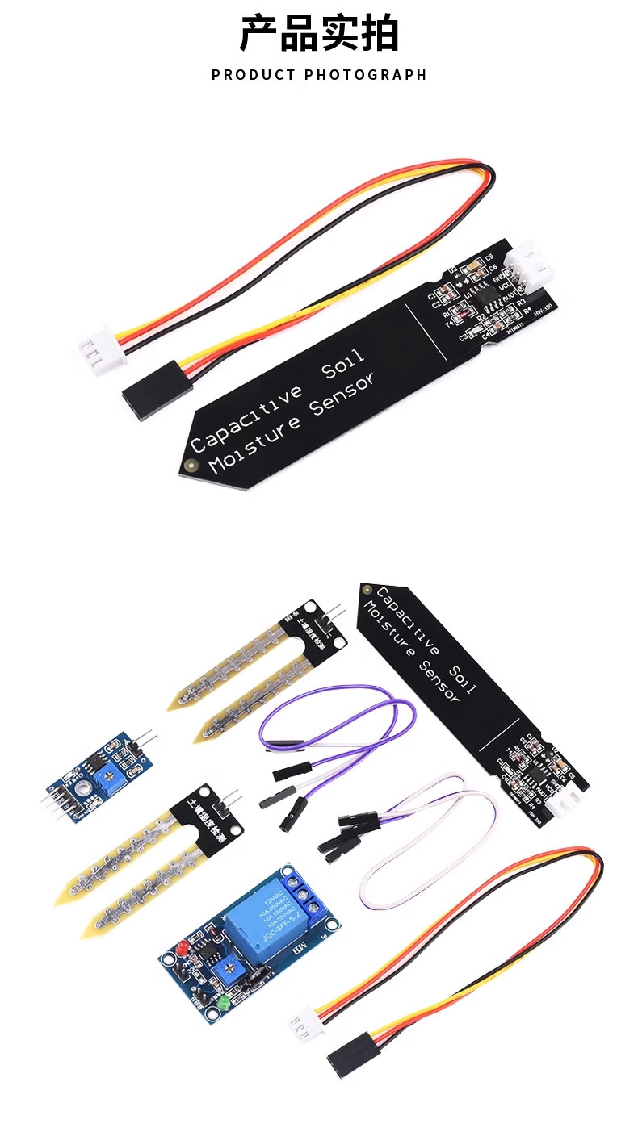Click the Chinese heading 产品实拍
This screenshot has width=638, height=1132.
coord(319,33)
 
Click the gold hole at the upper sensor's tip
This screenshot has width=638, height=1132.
coord(191,465)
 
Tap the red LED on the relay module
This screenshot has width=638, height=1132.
coord(183,945)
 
